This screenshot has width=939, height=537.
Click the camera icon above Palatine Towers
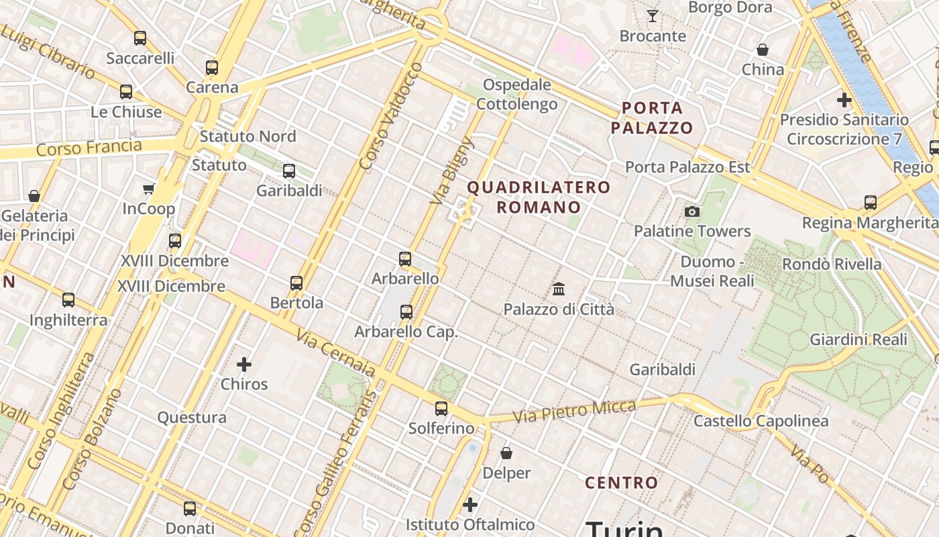(x=692, y=212)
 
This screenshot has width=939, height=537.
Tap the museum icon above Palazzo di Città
(x=558, y=289)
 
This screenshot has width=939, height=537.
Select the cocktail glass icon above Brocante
(x=652, y=16)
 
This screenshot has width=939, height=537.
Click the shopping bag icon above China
(x=763, y=50)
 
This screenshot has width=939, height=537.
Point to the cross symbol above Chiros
(x=244, y=364)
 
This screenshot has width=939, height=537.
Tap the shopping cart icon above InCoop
(x=148, y=189)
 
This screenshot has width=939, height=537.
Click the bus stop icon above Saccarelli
(x=140, y=38)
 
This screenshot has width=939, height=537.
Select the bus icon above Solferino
(x=441, y=408)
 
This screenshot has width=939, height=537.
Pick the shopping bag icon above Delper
(x=506, y=454)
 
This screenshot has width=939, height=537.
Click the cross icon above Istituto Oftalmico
(x=470, y=504)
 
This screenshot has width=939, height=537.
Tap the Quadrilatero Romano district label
(x=539, y=197)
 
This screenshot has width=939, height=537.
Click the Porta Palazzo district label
(x=652, y=117)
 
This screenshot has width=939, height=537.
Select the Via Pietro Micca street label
(x=574, y=411)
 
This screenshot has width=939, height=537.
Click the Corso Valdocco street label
(x=390, y=115)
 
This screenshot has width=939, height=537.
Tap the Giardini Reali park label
(x=859, y=339)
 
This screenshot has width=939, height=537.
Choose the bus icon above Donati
(x=190, y=509)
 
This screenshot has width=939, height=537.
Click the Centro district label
(x=621, y=483)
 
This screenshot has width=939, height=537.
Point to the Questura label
(x=192, y=418)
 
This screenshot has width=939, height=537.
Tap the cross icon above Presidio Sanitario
(x=844, y=101)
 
